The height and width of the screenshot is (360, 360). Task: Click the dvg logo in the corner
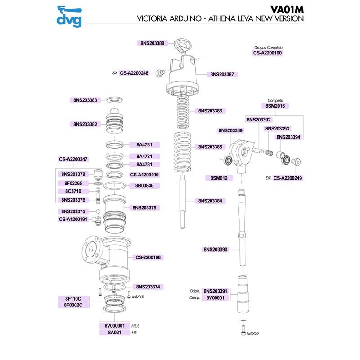point(68,16)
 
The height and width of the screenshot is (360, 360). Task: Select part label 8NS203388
point(152,43)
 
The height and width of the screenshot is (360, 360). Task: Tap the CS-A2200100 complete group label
point(267,53)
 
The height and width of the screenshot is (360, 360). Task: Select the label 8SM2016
point(274,106)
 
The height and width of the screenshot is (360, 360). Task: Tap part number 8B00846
point(144,185)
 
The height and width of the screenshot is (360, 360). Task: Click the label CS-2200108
point(148,257)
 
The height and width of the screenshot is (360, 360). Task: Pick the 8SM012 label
point(219,178)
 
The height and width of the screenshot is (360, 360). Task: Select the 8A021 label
point(114,333)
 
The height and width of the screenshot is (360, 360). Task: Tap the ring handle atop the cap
point(184,45)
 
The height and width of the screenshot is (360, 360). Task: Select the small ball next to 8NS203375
point(97,211)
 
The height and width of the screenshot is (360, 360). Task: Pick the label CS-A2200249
point(288,178)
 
